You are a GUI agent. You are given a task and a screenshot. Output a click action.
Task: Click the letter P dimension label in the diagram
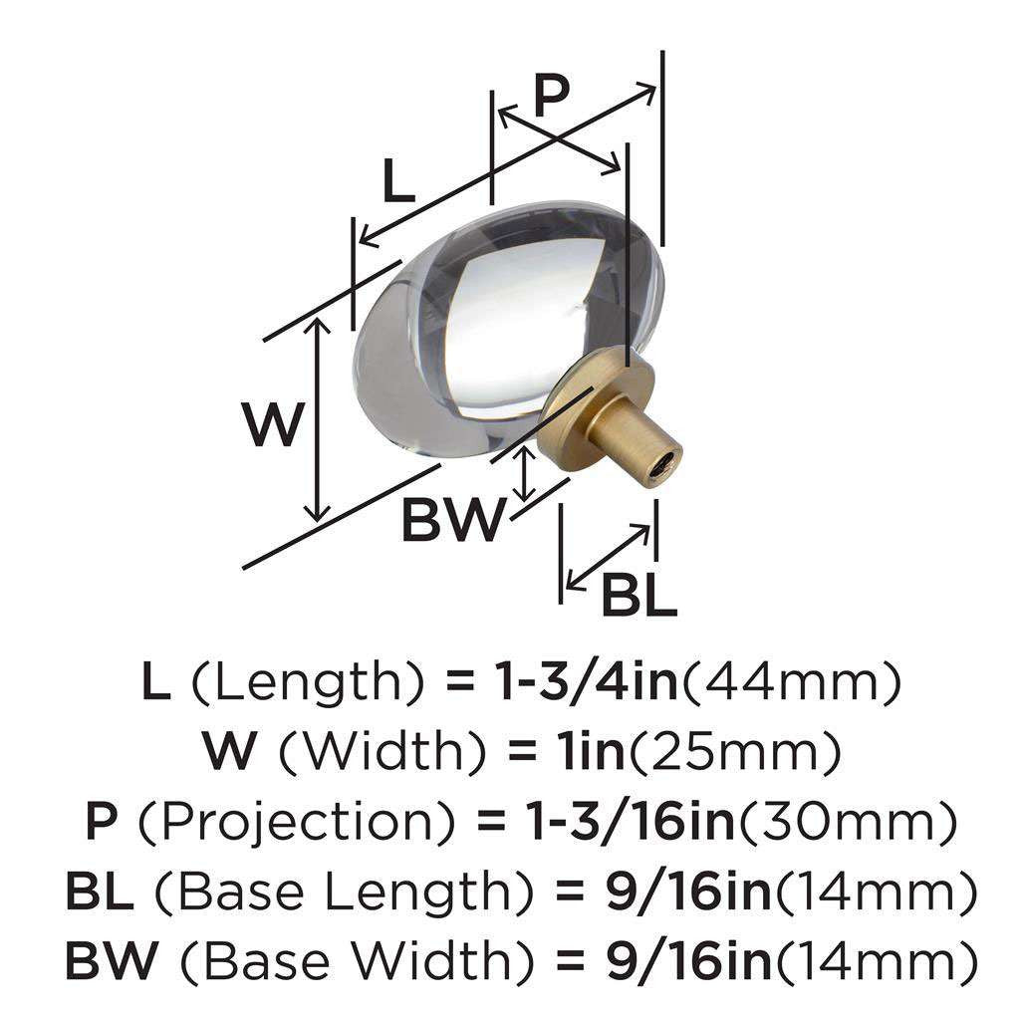point(551,95)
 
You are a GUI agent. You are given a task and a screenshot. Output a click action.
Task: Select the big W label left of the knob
point(273,423)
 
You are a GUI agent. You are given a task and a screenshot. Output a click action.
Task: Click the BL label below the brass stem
point(639,595)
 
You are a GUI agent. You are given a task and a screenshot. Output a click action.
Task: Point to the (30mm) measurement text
point(847,823)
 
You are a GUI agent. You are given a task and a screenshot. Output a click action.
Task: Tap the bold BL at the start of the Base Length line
point(99,892)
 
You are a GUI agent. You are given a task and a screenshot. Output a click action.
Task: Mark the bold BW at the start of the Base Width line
point(112,962)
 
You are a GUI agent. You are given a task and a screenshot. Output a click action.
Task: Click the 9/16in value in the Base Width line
point(688,962)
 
